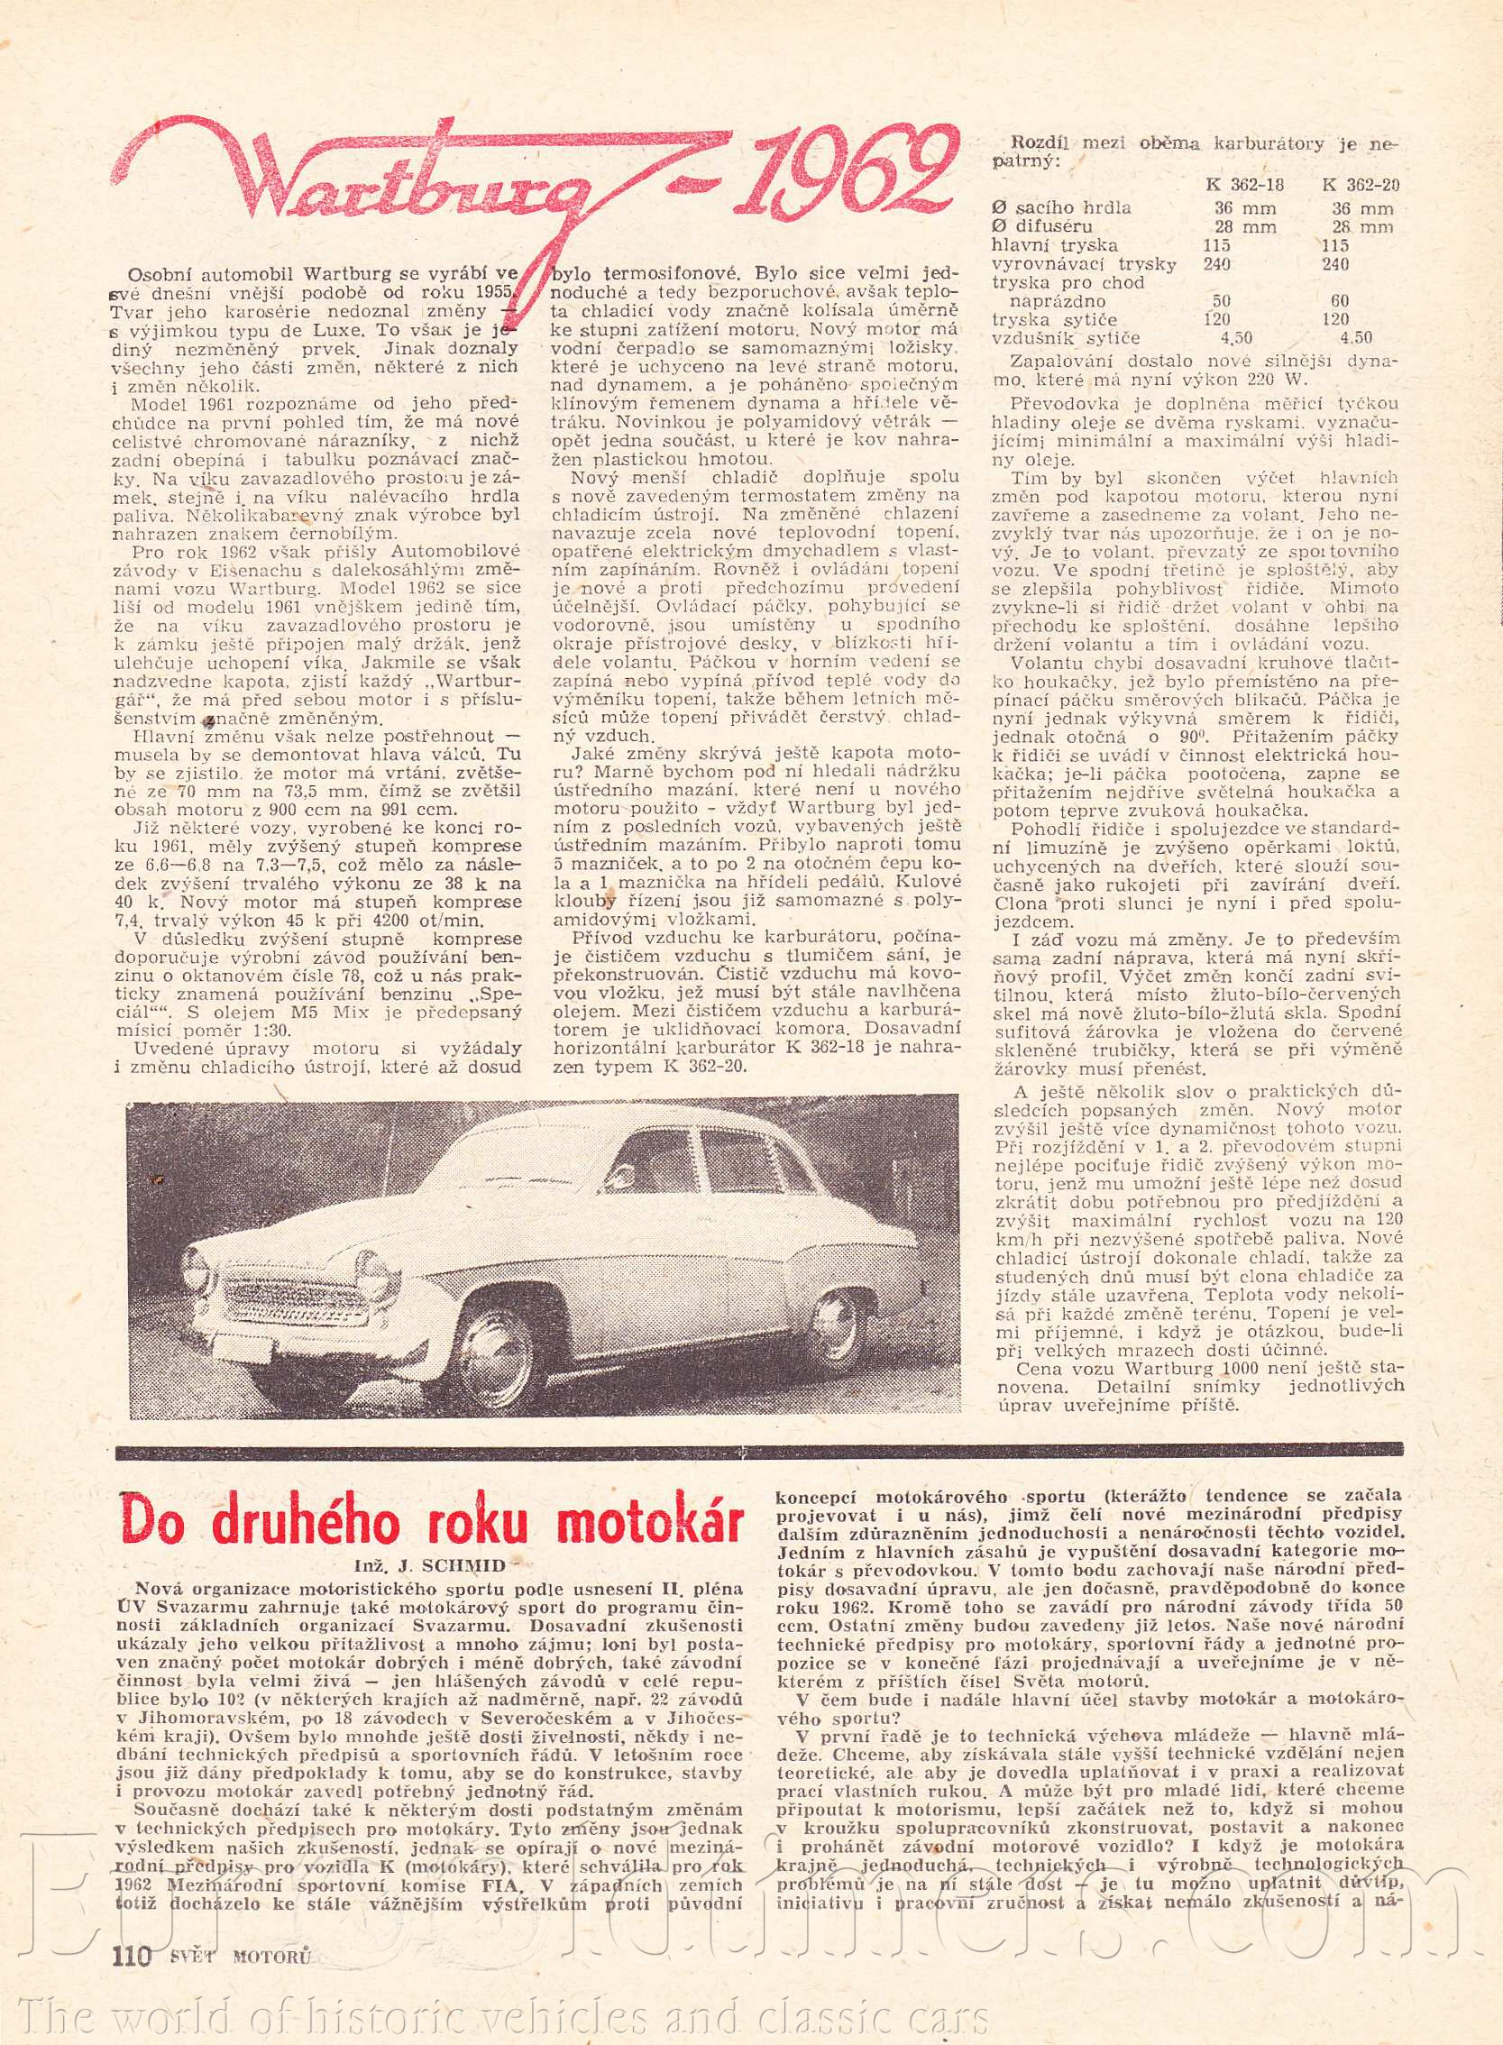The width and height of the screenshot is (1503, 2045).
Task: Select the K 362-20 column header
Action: (x=1361, y=184)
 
